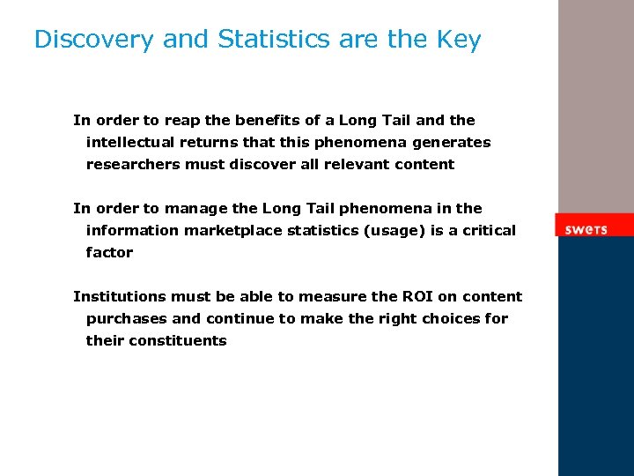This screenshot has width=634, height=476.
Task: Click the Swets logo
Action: click(x=586, y=229)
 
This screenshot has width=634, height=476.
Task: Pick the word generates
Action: click(x=454, y=143)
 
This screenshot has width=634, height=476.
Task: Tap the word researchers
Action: click(x=132, y=165)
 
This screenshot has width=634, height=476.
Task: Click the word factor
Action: click(x=109, y=253)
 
